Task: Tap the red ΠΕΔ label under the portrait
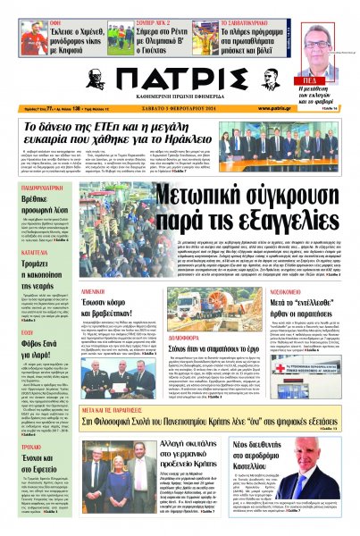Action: pos(308,67)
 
